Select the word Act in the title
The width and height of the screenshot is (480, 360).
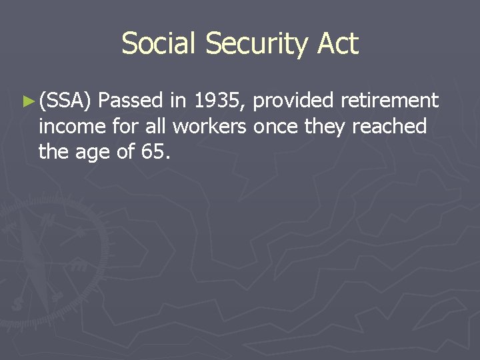pyautogui.click(x=338, y=44)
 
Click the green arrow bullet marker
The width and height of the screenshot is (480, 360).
pyautogui.click(x=27, y=102)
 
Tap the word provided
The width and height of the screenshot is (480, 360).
pyautogui.click(x=294, y=101)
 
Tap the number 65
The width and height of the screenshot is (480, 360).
pyautogui.click(x=154, y=152)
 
